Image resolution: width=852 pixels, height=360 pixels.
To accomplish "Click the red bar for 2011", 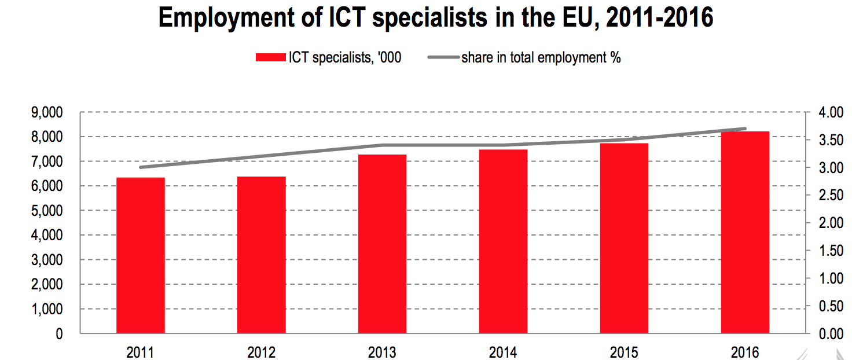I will pyautogui.click(x=140, y=255).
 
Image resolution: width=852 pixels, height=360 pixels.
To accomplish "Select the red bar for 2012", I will pyautogui.click(x=261, y=255).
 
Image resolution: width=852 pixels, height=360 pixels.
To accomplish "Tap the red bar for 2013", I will pyautogui.click(x=382, y=244).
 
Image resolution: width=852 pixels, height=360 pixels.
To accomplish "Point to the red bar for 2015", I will pyautogui.click(x=624, y=238).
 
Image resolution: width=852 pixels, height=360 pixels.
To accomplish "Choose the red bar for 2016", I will pyautogui.click(x=745, y=232).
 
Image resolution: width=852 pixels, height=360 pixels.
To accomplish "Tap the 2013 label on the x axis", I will pyautogui.click(x=382, y=351).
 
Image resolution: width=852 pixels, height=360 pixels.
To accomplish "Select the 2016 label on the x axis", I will pyautogui.click(x=745, y=351).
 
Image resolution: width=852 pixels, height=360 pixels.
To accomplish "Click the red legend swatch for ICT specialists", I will pyautogui.click(x=271, y=57).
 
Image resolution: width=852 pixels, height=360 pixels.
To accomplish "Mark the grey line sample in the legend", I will pyautogui.click(x=443, y=57).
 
